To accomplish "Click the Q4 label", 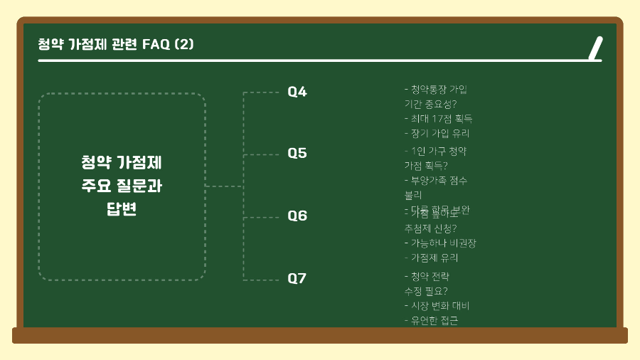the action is tap(297, 92).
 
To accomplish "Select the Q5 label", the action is tap(297, 154).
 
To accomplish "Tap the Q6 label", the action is tap(297, 216).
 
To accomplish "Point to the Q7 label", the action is tap(297, 278).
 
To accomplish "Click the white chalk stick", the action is tap(596, 48).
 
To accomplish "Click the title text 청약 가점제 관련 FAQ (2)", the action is tap(116, 44).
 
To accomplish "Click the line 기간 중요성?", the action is tap(430, 104).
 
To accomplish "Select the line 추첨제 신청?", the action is tap(430, 228).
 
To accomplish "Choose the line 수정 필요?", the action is tap(425, 291).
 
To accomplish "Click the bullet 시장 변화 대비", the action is tap(439, 306).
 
